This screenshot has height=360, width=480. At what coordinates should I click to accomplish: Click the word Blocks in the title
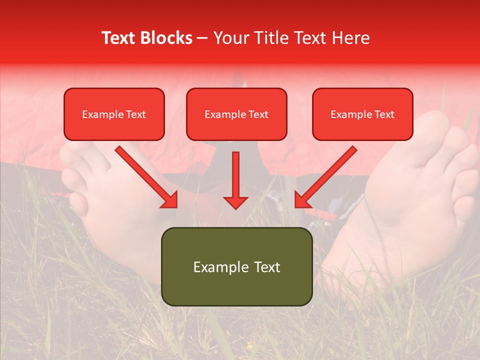coord(166,38)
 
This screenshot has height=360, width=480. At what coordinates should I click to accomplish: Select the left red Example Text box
coord(114,114)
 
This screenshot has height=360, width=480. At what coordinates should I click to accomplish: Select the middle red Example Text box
coord(236,114)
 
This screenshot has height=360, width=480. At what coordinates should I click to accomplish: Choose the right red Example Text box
coord(362,114)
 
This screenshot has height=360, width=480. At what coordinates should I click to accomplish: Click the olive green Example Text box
coord(236,266)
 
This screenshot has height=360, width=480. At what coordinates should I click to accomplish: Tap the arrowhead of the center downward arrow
coord(235,202)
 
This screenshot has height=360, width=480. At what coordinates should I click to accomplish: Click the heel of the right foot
coord(345,265)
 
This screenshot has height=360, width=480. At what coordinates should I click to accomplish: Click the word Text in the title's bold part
coord(118,38)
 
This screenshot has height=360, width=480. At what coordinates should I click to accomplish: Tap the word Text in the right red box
coord(384,114)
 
